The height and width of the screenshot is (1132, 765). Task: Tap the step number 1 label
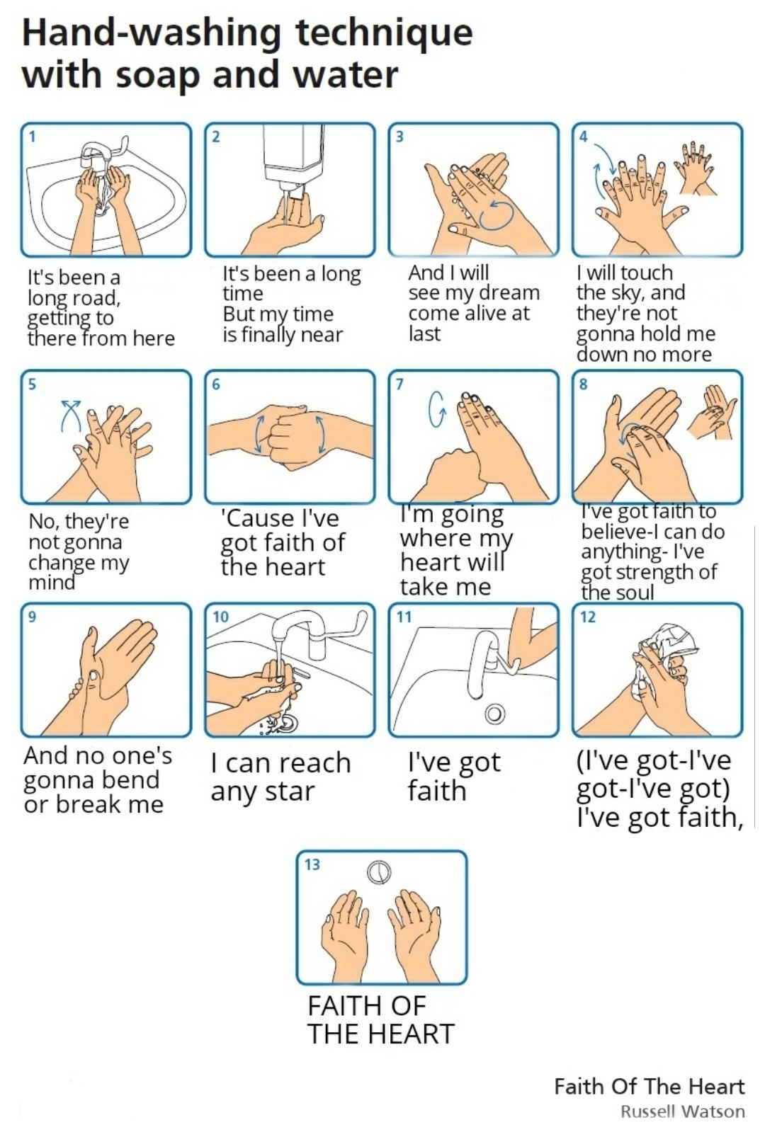(33, 137)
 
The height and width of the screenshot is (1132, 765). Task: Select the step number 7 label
(399, 384)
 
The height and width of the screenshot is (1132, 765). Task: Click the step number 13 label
(312, 864)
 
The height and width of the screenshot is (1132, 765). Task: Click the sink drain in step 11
(494, 713)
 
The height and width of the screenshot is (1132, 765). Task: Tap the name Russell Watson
(682, 1111)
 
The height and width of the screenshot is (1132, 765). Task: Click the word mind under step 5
(52, 583)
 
